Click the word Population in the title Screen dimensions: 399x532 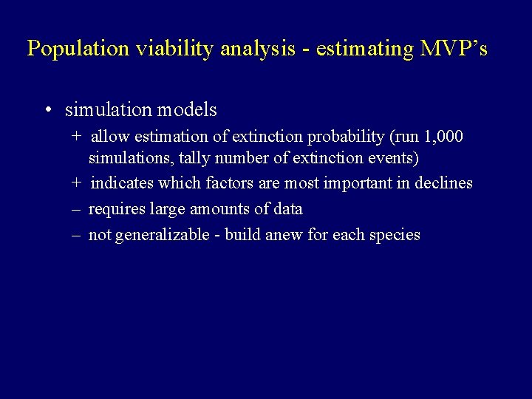click(67, 49)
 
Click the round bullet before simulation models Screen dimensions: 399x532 click(47, 111)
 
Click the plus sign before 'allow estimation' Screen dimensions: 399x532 click(77, 137)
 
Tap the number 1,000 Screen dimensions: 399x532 click(443, 137)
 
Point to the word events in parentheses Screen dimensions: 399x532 click(391, 157)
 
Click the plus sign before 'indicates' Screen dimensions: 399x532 click(77, 183)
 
